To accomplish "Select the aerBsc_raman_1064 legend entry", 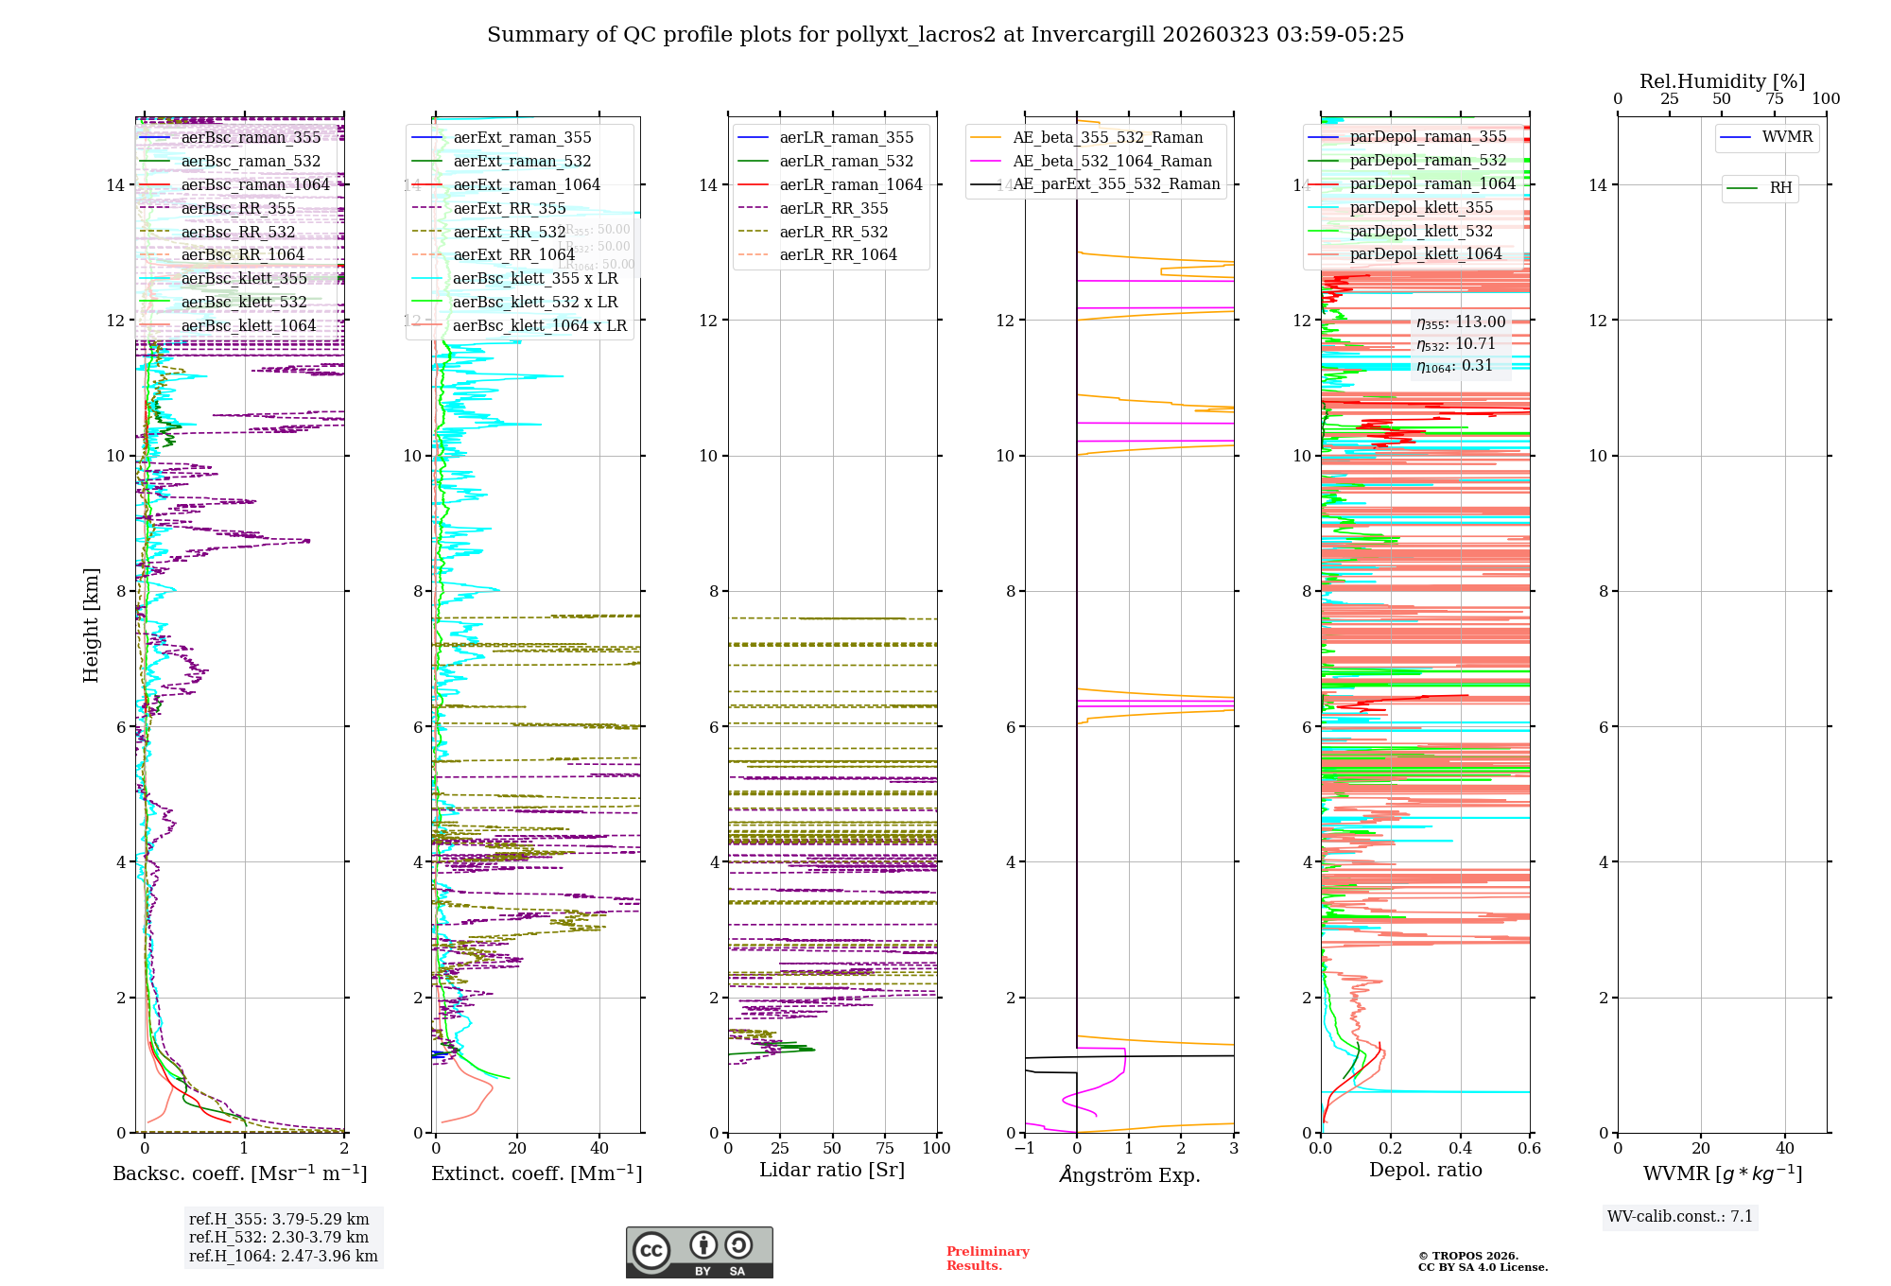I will point(255,185).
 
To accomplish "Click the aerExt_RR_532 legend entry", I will point(510,233).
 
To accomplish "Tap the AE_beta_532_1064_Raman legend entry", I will point(1112,162).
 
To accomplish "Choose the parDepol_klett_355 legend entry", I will point(1421,208).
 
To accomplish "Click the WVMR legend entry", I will point(1787,137).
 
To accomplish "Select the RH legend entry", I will point(1780,188).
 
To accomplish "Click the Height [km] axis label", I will point(91,625).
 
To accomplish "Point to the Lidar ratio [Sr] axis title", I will point(832,1170).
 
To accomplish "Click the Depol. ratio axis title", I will point(1425,1170).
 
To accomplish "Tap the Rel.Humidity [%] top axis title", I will point(1722,81).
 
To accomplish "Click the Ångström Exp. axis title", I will point(1129,1174).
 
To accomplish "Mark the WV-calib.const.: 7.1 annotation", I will point(1680,1217).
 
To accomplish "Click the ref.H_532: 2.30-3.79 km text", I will point(279,1238).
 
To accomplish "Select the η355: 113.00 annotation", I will point(1460,322).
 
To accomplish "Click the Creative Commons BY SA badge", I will point(699,1253).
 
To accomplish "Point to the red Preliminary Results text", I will point(987,1259).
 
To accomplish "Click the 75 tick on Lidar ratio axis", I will point(885,1149).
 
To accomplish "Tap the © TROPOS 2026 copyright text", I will point(1468,1257).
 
